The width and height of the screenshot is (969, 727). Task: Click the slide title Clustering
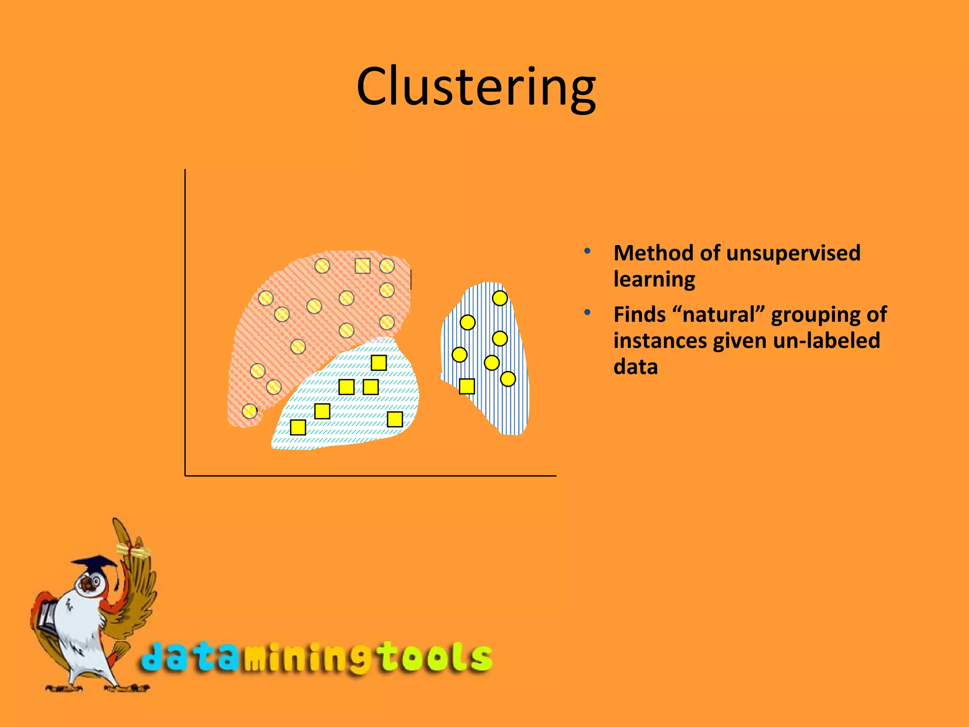coord(476,88)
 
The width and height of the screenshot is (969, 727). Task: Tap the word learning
coord(654,279)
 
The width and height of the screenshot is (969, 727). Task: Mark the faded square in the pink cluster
coord(362,266)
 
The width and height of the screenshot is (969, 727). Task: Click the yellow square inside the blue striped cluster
coord(467,386)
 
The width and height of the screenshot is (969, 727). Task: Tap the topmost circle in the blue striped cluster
coord(500,298)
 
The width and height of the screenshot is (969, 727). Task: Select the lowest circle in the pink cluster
coord(249,411)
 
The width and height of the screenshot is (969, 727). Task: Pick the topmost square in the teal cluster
coord(379,363)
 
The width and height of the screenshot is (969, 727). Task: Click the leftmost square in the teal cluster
coord(298,427)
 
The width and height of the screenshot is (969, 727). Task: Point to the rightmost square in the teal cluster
coord(395,419)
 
